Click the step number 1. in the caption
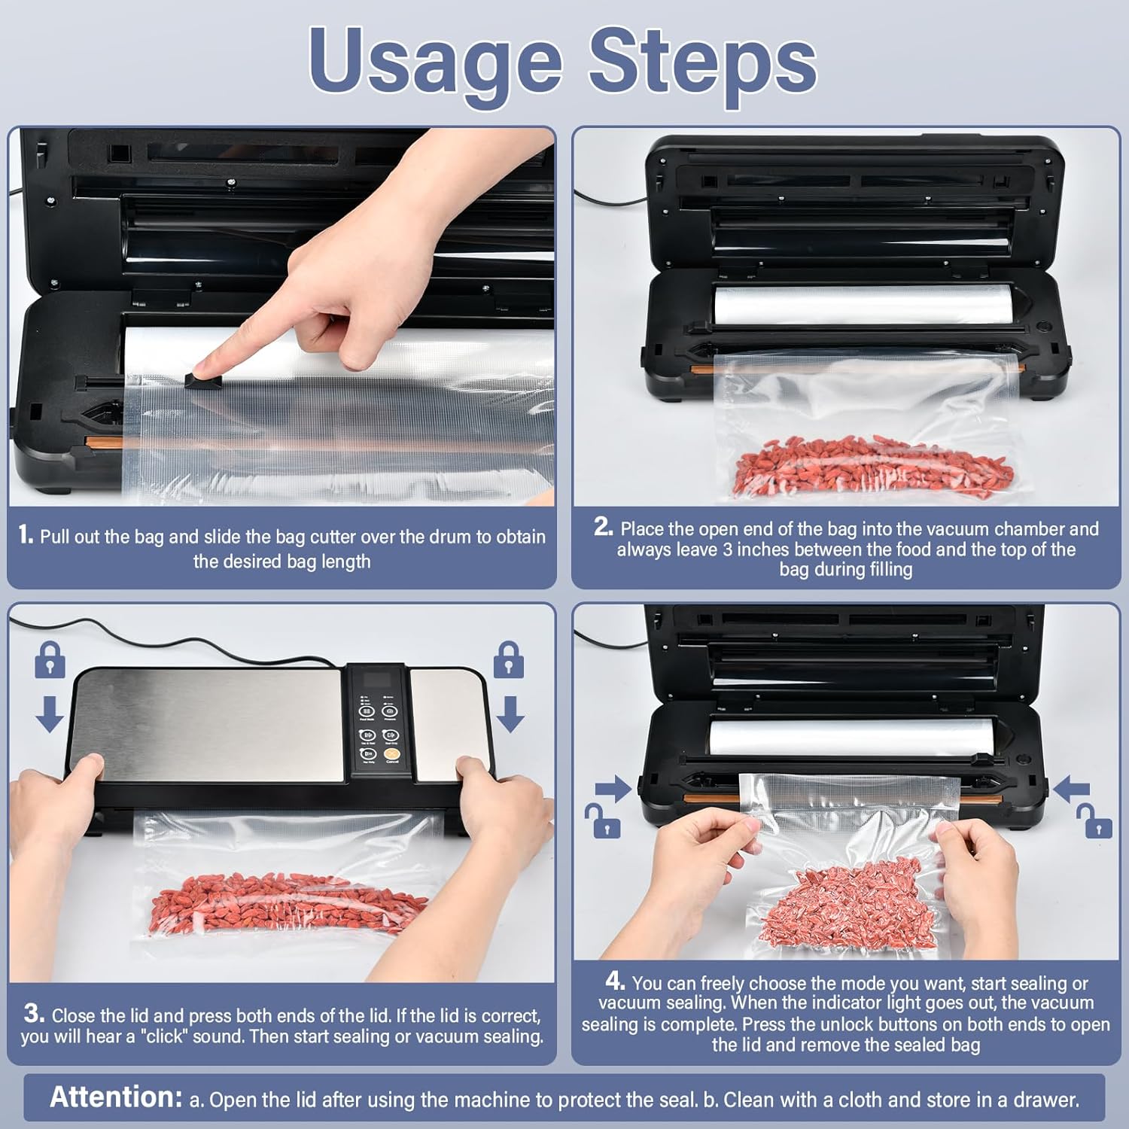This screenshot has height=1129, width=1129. pos(26,535)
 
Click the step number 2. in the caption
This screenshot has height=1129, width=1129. pos(604,527)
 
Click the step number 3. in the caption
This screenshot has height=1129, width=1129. pos(34,1013)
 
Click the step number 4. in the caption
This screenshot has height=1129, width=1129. pos(615,981)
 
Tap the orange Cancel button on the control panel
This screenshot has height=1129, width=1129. pos(391,753)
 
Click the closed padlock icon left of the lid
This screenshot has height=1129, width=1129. pos(50,660)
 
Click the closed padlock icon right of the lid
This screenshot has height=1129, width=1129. pos(509,660)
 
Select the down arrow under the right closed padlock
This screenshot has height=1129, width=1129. pos(510,714)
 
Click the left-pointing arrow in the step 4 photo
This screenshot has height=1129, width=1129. pos(1071,790)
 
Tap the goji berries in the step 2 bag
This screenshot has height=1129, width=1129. pos(873,467)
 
